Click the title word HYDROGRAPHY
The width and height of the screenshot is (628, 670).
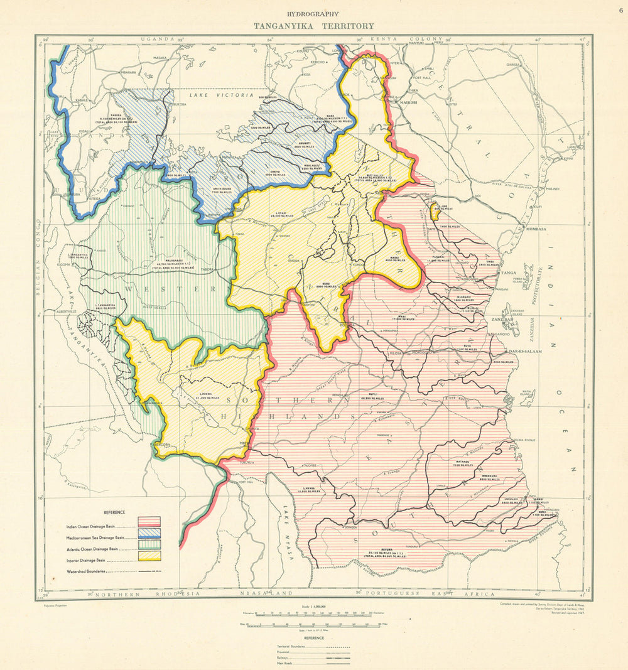313,14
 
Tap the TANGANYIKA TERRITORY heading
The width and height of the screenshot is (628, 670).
313,26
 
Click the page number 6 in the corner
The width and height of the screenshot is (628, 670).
620,9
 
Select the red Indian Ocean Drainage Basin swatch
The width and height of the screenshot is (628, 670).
149,522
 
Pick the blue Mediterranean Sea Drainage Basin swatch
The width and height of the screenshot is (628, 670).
149,533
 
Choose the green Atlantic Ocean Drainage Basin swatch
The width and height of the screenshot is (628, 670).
149,544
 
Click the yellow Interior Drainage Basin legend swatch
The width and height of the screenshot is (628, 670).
149,556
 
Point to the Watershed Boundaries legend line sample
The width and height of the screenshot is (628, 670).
149,571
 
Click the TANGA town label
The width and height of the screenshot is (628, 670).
506,274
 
